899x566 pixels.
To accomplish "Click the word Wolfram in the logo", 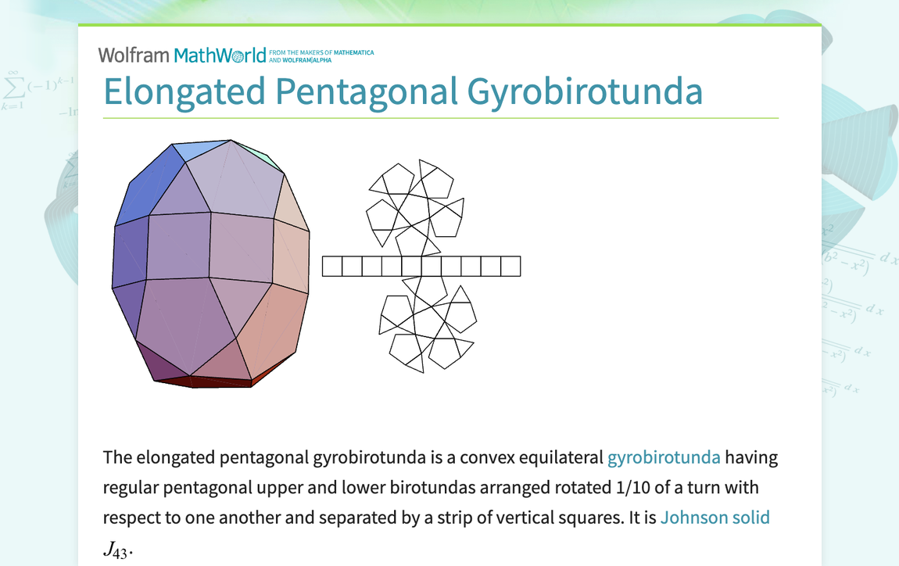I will (x=133, y=55).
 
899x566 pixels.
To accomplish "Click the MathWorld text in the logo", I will (x=220, y=55).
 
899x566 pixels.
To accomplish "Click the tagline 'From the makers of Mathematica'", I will (x=321, y=52).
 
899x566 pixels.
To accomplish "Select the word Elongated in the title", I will (x=184, y=91).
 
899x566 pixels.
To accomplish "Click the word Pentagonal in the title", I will (x=367, y=91).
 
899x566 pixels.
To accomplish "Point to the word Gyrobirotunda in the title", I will (x=585, y=91).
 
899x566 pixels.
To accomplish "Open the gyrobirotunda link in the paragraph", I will (x=664, y=457).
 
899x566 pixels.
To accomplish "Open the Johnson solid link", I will (x=715, y=518).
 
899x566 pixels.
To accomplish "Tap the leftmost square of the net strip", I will (x=332, y=267).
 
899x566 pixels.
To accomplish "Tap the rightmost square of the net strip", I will (x=510, y=267).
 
